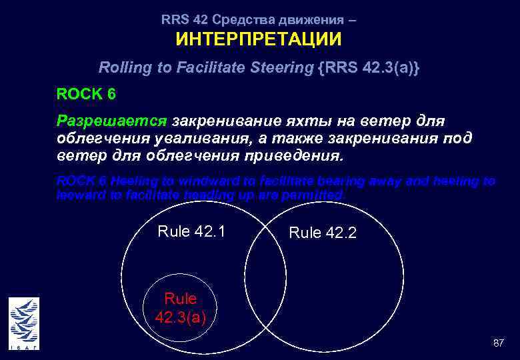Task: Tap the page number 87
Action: pyautogui.click(x=498, y=343)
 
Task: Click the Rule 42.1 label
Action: pyautogui.click(x=191, y=232)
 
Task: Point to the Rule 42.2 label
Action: pyautogui.click(x=323, y=233)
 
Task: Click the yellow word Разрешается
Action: pyautogui.click(x=112, y=121)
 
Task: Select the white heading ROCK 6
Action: pyautogui.click(x=86, y=94)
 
